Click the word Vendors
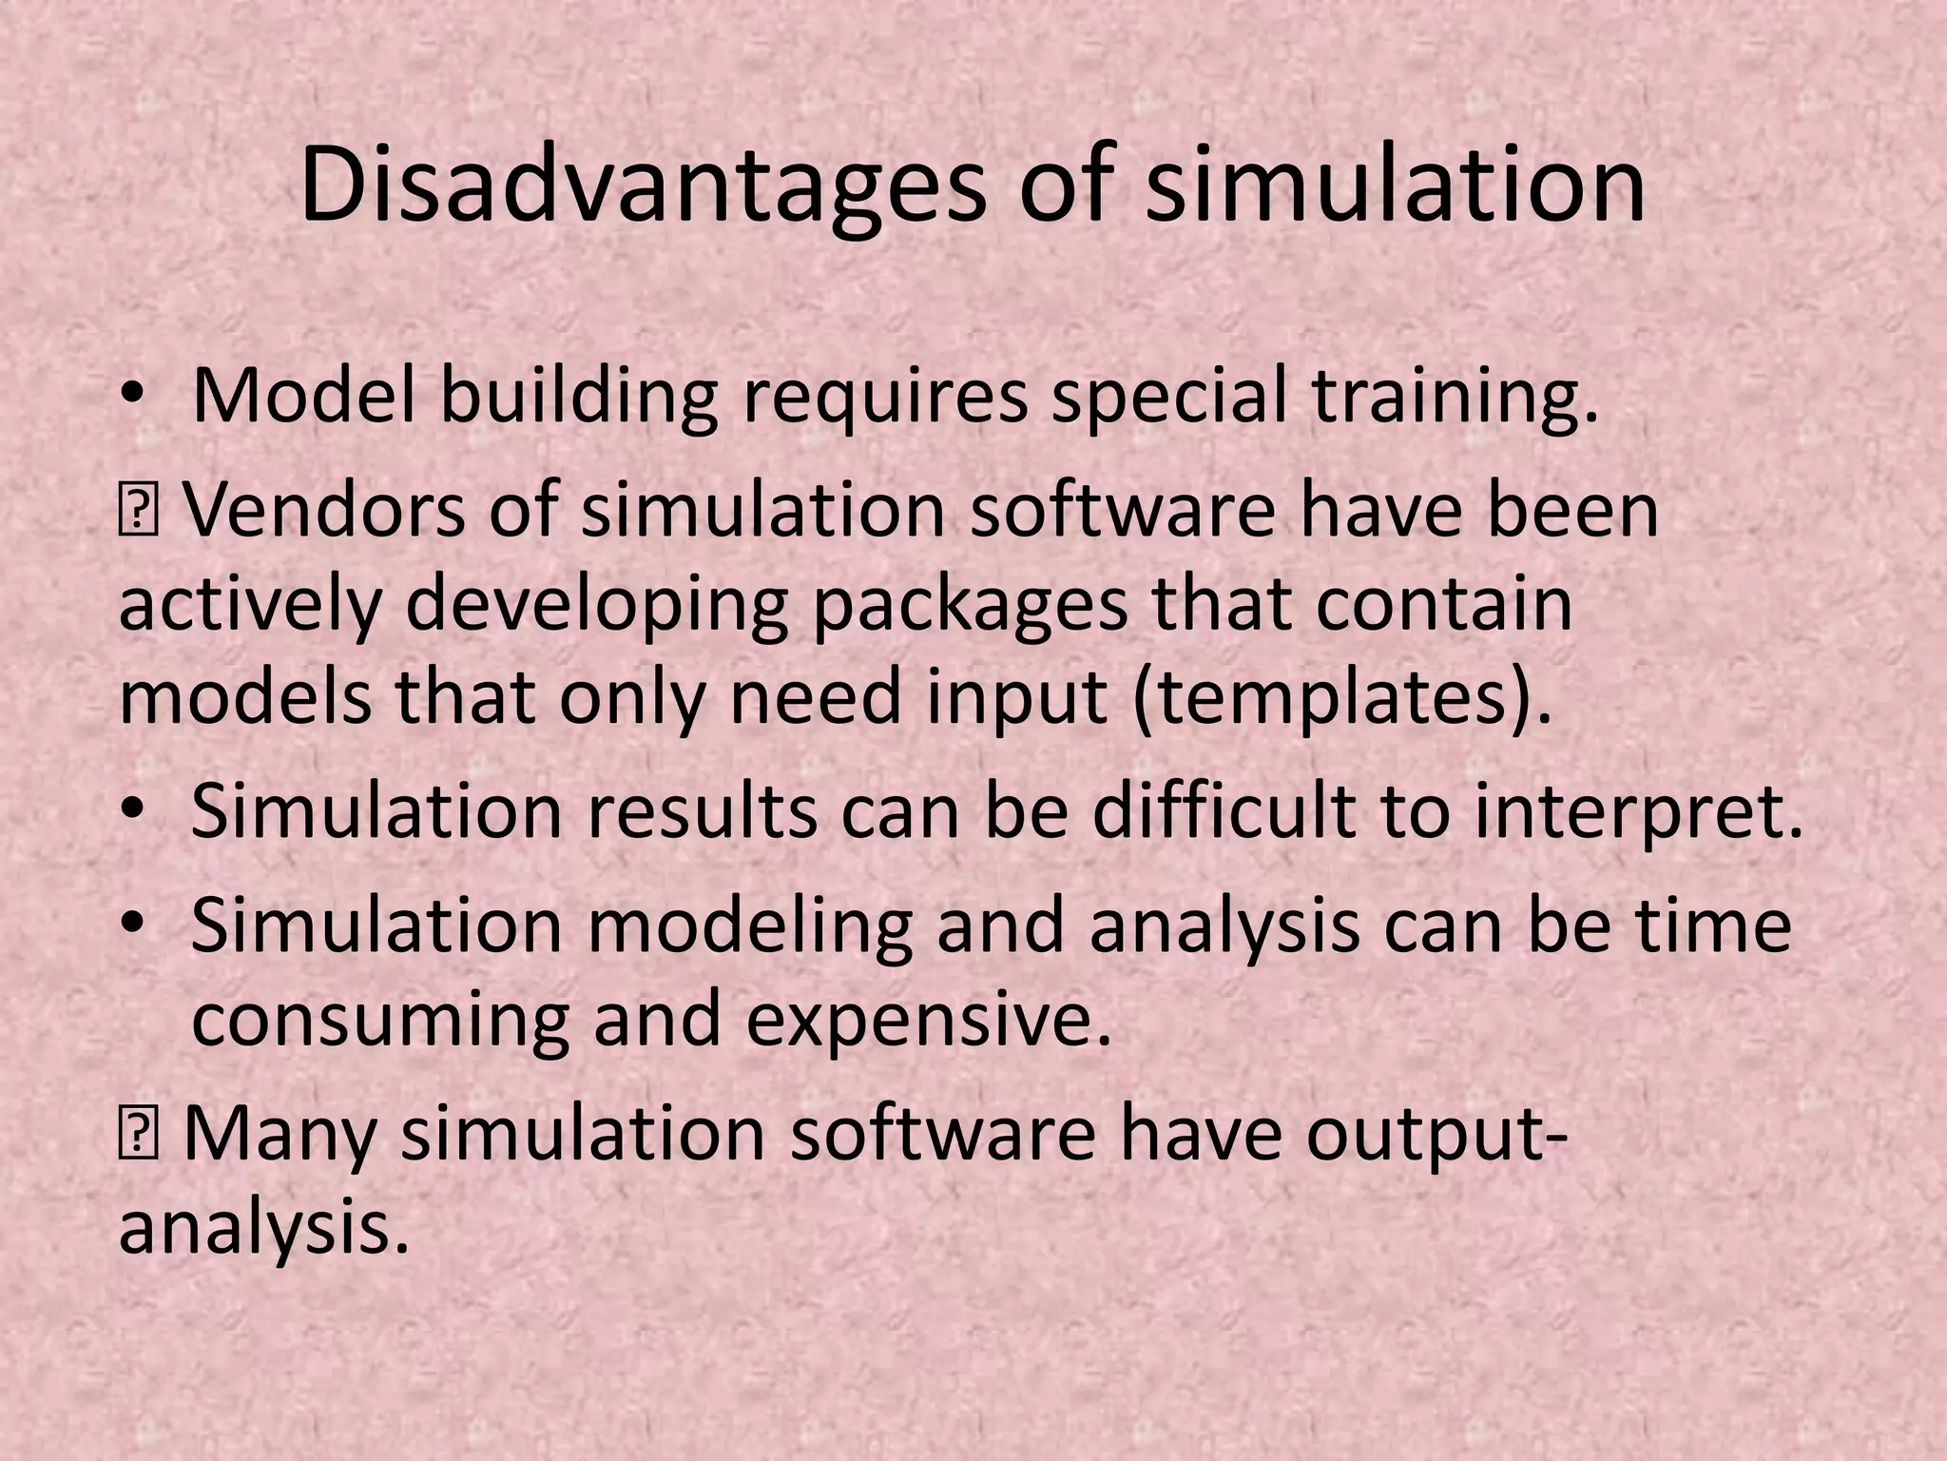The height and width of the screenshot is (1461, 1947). pos(323,511)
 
